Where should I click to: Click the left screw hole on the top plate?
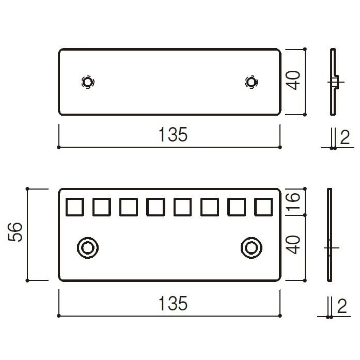(x=88, y=82)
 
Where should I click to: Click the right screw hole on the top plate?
(x=251, y=82)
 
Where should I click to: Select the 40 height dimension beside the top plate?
(x=294, y=81)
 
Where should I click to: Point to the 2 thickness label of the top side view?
(x=345, y=137)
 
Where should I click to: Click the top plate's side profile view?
(x=333, y=82)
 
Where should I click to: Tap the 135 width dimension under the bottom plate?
(x=173, y=303)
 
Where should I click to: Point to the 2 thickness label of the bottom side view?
(x=342, y=307)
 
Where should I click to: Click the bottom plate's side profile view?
(x=330, y=235)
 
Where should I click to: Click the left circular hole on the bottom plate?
(x=87, y=247)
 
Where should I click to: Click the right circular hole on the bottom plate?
(x=251, y=247)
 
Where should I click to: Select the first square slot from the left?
(x=74, y=207)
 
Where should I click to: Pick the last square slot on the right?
(x=263, y=207)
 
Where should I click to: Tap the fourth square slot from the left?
(x=155, y=207)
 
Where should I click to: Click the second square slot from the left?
(x=101, y=207)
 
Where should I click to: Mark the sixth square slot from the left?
(x=209, y=207)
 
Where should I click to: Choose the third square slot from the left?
(x=129, y=207)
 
